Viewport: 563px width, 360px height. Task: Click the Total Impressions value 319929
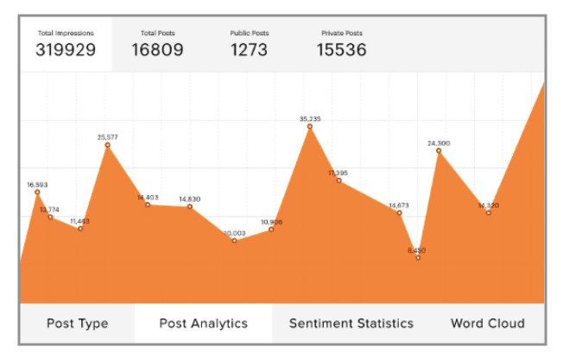click(x=65, y=50)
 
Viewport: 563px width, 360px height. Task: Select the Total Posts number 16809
click(x=157, y=50)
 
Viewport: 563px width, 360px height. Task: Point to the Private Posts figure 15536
click(x=341, y=50)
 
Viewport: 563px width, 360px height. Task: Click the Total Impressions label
click(x=66, y=34)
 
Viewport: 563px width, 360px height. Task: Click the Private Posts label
click(x=340, y=34)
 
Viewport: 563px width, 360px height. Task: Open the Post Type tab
click(x=77, y=324)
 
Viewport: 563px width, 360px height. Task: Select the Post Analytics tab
click(x=204, y=324)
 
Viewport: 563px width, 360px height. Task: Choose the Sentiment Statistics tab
click(x=351, y=324)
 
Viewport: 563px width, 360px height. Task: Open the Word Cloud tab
click(x=487, y=324)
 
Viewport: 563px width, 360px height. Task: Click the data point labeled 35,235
click(x=310, y=127)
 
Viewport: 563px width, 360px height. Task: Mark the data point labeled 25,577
click(x=108, y=145)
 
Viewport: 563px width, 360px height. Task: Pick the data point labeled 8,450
click(x=418, y=257)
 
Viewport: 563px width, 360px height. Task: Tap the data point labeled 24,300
click(x=439, y=151)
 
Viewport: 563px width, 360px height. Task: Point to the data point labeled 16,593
click(x=37, y=193)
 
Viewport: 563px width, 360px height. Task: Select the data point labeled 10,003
click(x=234, y=240)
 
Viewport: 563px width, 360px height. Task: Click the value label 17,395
click(x=338, y=173)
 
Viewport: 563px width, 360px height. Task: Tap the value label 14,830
click(x=190, y=199)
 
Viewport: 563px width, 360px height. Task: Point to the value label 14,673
click(x=399, y=205)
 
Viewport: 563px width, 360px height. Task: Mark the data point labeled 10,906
click(x=271, y=229)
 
